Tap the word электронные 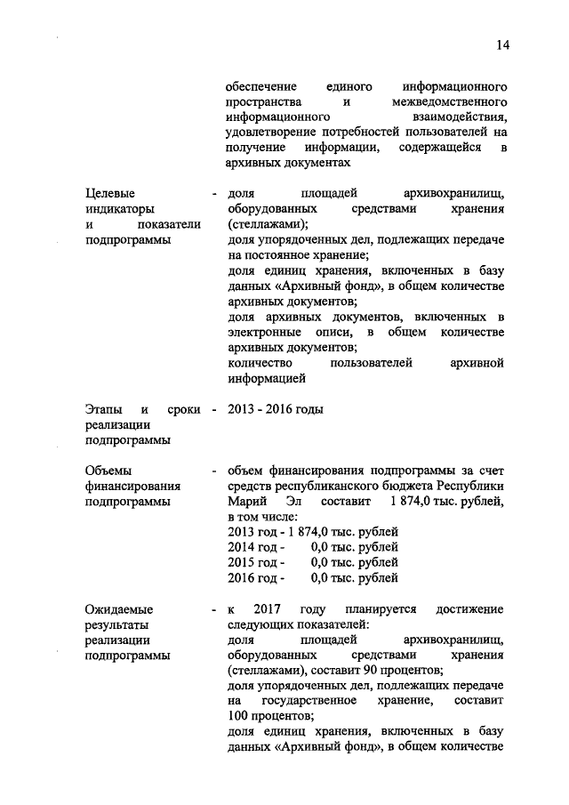264,332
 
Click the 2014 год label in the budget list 254,547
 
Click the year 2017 268,609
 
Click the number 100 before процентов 238,717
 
